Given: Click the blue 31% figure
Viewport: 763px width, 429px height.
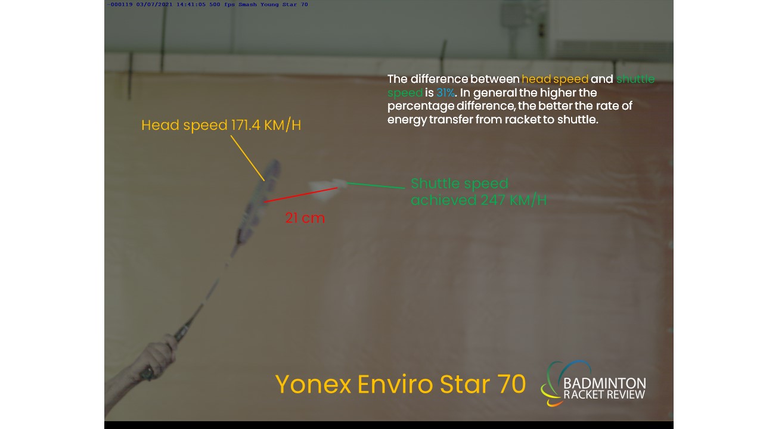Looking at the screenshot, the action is (x=445, y=92).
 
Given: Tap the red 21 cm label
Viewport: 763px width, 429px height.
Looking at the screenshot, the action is (x=305, y=218).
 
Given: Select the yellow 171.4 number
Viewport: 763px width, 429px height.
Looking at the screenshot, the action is (x=246, y=125).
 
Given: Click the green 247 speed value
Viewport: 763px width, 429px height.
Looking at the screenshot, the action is (x=493, y=200).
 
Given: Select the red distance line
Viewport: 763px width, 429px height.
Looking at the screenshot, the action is (x=301, y=195).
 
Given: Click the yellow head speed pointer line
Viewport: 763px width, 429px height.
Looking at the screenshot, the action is (x=247, y=158).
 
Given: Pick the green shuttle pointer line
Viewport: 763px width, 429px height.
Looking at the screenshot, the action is (x=376, y=185).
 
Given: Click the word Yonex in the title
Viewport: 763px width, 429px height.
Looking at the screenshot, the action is (x=313, y=384).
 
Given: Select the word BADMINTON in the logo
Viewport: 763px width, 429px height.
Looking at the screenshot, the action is (x=604, y=383).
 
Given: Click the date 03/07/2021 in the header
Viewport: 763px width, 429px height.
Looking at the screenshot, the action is (x=154, y=5).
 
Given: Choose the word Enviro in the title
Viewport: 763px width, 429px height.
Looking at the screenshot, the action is (x=395, y=384).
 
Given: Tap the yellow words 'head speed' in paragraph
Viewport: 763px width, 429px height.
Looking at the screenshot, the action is (x=555, y=79).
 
